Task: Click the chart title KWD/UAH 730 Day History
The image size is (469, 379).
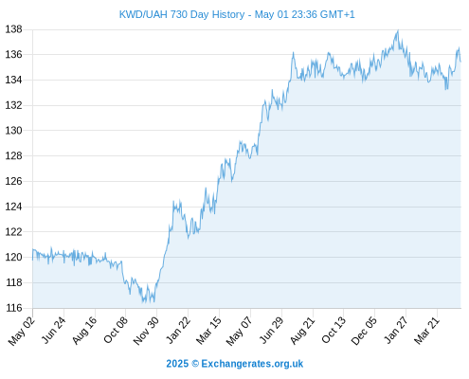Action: tap(182, 14)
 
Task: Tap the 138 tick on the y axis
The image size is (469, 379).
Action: tap(14, 29)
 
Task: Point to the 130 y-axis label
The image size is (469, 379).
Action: tap(14, 131)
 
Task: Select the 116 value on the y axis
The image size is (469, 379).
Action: tap(14, 308)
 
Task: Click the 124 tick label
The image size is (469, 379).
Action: tap(14, 207)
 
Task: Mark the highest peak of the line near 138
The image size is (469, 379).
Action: tap(398, 30)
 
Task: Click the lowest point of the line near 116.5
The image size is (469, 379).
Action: tap(143, 302)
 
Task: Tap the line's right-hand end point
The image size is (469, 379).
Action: tap(460, 62)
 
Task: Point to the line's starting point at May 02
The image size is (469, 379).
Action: tap(32, 260)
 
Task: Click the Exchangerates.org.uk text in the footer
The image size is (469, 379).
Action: tap(252, 364)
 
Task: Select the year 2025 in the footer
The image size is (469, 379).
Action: tap(177, 364)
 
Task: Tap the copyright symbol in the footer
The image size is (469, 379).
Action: tap(195, 364)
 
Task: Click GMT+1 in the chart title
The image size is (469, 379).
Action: tap(337, 14)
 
